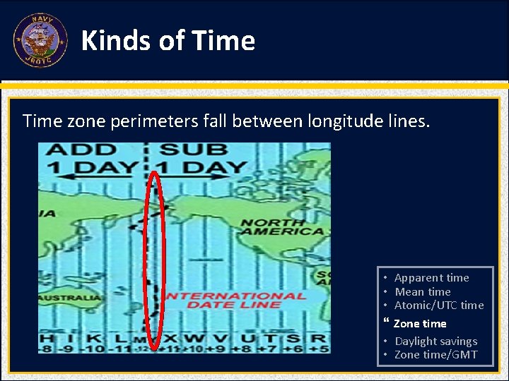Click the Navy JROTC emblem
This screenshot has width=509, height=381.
[40, 40]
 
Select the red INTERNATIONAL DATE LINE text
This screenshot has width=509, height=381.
[235, 300]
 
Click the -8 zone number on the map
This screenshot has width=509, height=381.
[47, 348]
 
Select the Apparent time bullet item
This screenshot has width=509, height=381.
[431, 278]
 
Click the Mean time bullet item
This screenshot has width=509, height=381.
[422, 291]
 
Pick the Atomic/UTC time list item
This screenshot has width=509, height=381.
[438, 305]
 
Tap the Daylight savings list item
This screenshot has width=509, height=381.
[435, 341]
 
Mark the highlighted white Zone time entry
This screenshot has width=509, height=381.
[419, 323]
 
